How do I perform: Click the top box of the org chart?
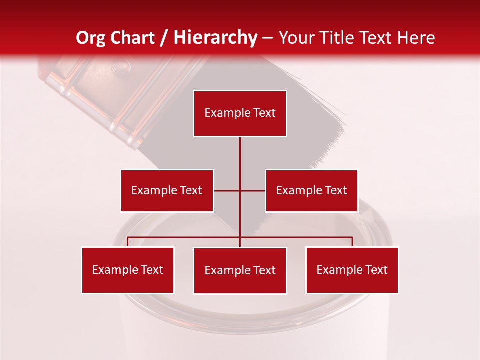240,113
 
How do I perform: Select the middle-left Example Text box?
167,190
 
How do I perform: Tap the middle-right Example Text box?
311,190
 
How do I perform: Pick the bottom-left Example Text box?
128,270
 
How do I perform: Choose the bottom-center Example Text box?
240,270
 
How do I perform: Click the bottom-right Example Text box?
352,270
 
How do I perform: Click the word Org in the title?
90,38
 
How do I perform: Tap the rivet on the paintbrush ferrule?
119,65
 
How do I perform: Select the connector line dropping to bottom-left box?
128,242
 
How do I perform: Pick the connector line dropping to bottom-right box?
352,242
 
